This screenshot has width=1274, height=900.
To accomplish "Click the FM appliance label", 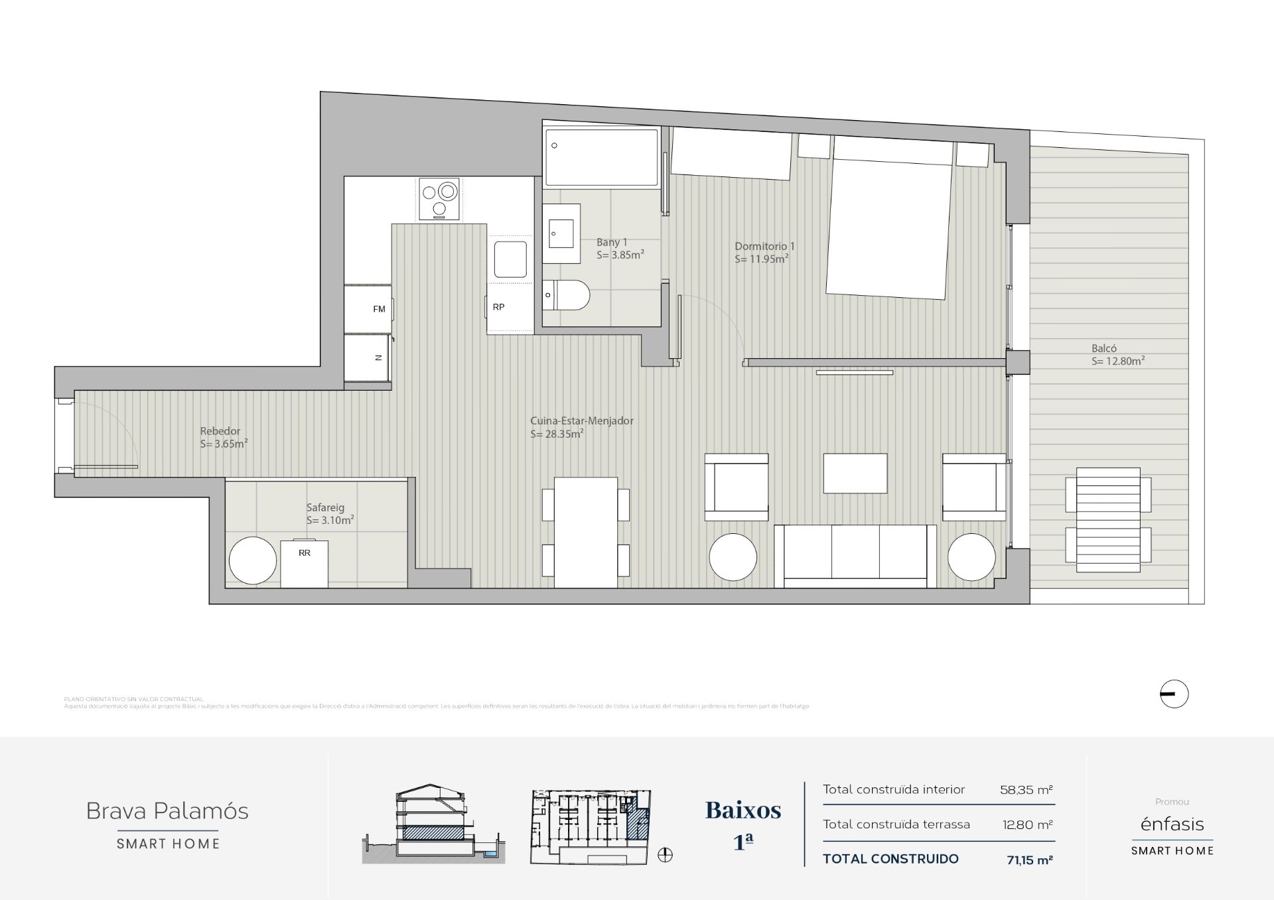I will [379, 309].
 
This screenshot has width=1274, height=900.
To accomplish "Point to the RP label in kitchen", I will [498, 307].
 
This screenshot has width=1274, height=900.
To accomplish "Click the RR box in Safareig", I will [305, 563].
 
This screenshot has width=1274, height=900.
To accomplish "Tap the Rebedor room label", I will [220, 431].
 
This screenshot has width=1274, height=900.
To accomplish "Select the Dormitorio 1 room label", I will [764, 246].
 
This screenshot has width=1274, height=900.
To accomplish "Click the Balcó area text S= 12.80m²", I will [1118, 361].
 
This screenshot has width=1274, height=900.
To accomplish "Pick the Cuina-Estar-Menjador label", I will [581, 420].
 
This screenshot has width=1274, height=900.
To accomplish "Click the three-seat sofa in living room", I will [855, 556].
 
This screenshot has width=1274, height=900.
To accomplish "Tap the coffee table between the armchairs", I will [855, 473].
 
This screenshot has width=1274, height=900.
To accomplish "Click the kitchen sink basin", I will [510, 259].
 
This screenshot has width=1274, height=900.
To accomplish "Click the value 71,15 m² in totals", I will [1030, 860].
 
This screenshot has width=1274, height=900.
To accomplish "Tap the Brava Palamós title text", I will [167, 810].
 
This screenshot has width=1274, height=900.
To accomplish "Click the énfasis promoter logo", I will [1172, 824].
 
